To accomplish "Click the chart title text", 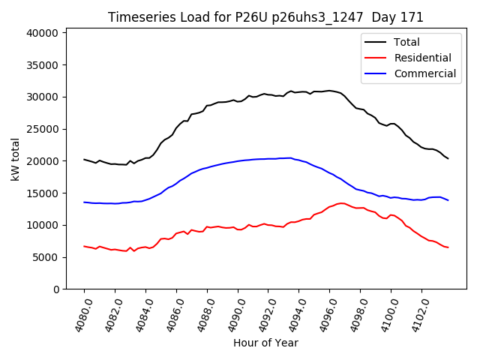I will click(x=265, y=17).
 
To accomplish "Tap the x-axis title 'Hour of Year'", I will click(x=265, y=343).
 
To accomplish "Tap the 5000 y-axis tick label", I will click(x=45, y=257).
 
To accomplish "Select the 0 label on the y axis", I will click(x=56, y=289).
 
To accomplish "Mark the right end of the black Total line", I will click(x=448, y=158).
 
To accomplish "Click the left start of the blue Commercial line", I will click(x=84, y=202).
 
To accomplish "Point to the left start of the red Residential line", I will click(x=84, y=246).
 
